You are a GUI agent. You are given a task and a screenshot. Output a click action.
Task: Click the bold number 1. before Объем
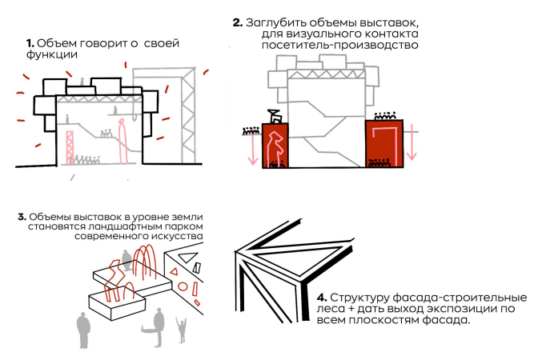coord(30,42)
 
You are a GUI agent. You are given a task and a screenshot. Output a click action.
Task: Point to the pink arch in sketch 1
coord(124,140)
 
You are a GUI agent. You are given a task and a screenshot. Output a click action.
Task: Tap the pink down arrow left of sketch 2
coord(251,147)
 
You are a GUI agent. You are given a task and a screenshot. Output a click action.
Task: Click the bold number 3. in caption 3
coord(22,217)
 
